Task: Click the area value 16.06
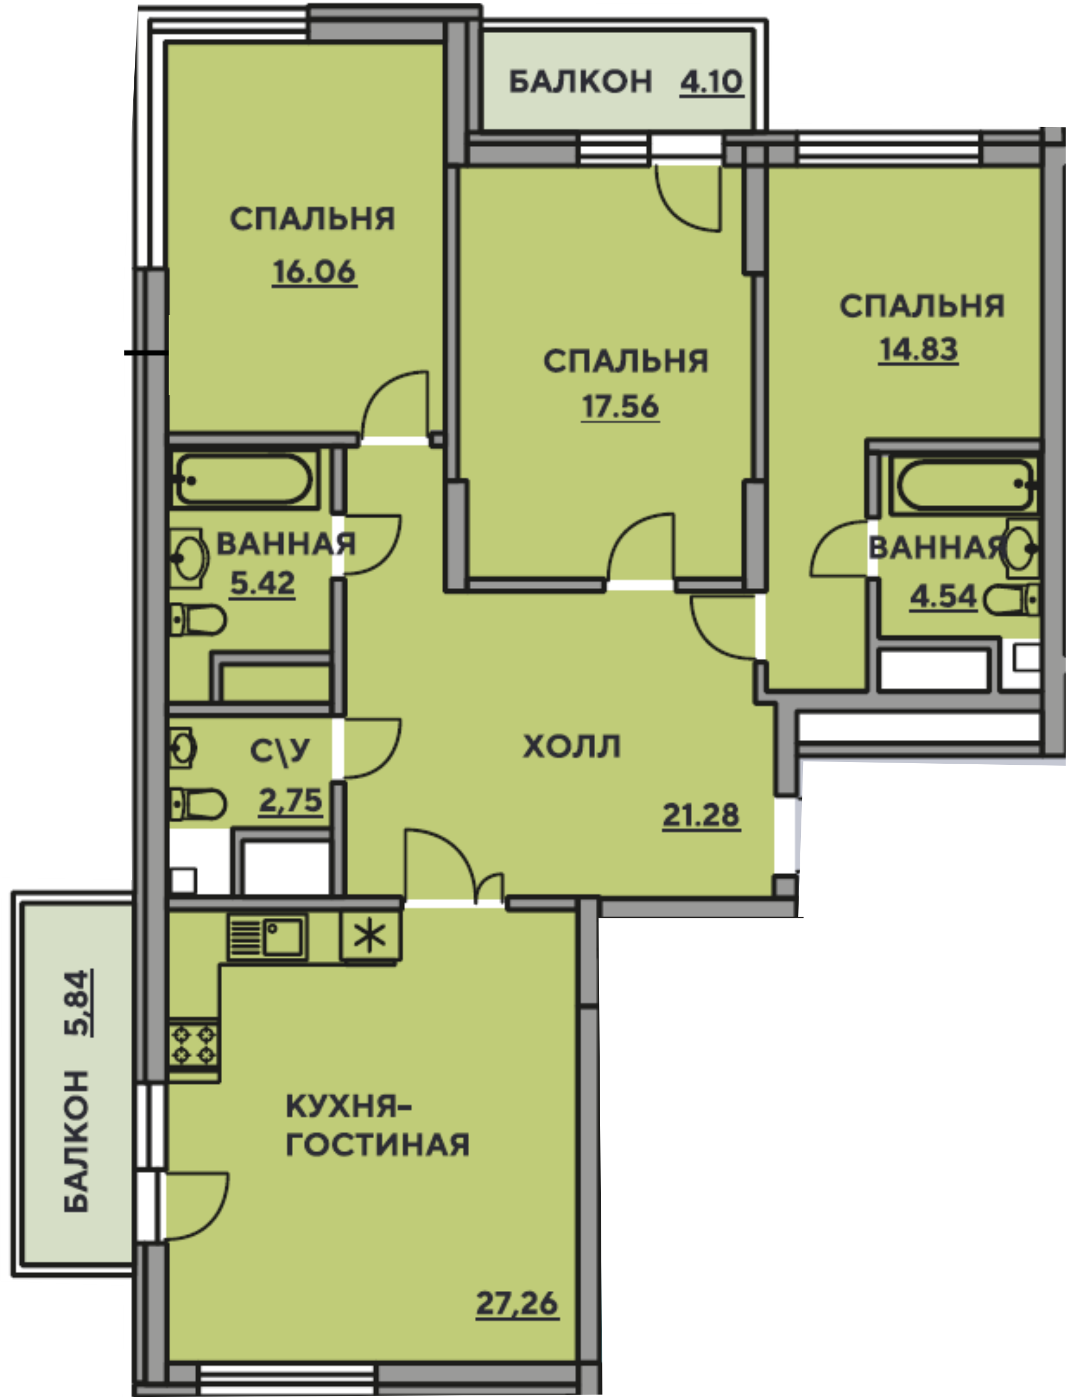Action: [x=314, y=272]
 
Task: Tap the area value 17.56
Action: [x=620, y=407]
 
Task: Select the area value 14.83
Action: [x=919, y=350]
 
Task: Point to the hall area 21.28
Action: [x=701, y=815]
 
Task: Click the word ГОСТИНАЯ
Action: [x=377, y=1145]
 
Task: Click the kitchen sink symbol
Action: [x=267, y=937]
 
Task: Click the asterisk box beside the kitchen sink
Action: [x=371, y=936]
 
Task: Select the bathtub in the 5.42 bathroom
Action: [x=245, y=480]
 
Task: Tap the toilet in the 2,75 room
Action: [x=198, y=804]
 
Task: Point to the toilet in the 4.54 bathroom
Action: [x=1012, y=601]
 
